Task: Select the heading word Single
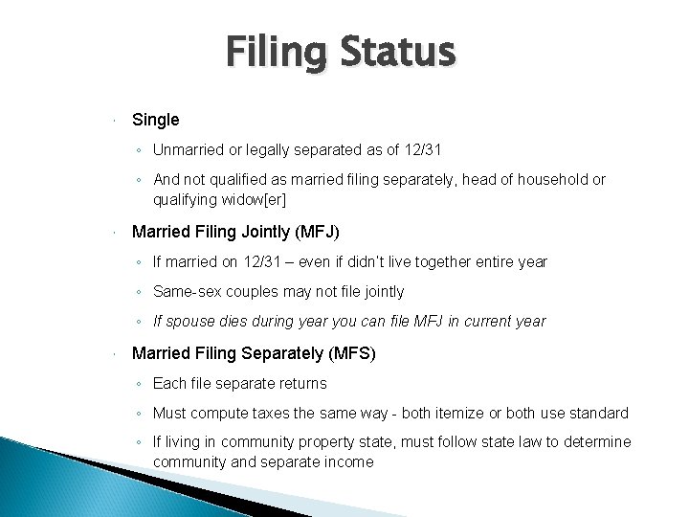pyautogui.click(x=155, y=120)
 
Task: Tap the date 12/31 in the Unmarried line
pyautogui.click(x=422, y=149)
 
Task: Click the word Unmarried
pyautogui.click(x=190, y=149)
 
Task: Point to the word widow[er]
pyautogui.click(x=252, y=200)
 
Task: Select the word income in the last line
pyautogui.click(x=347, y=462)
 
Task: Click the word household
pyautogui.click(x=541, y=179)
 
